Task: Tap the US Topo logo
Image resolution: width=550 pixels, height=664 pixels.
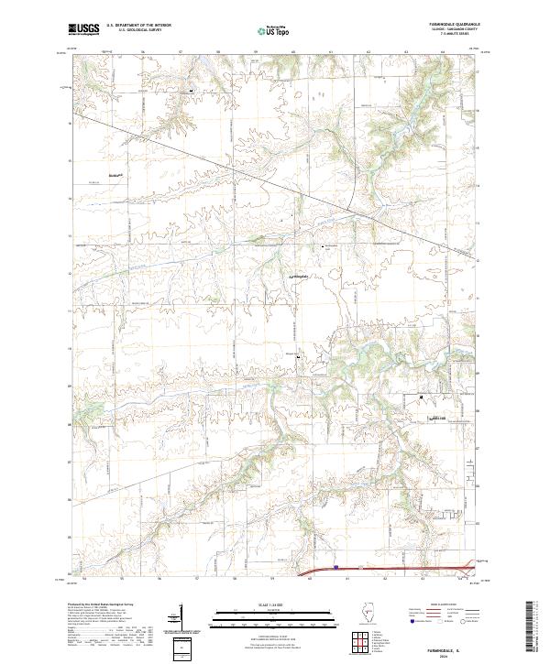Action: tap(274, 30)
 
